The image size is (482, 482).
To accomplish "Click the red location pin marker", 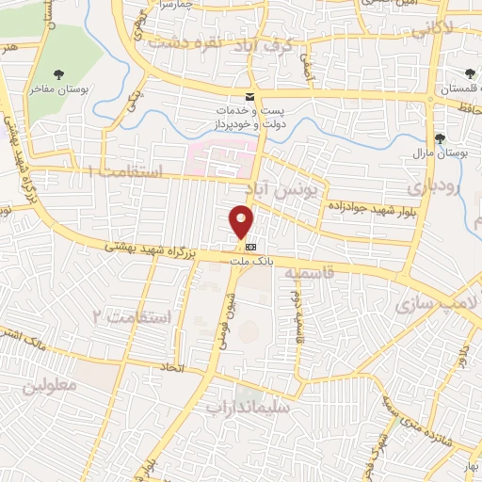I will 241,220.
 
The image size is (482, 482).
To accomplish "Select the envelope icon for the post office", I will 249,98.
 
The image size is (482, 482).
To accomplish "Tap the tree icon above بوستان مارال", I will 440,138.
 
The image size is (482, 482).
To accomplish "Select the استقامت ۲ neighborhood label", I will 135,316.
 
